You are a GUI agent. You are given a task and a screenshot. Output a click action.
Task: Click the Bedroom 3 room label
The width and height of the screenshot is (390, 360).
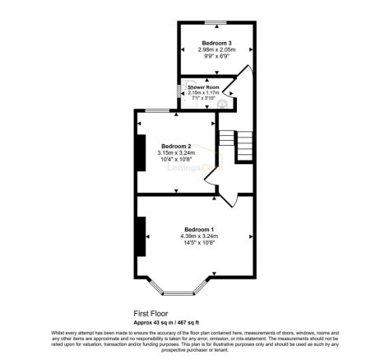pyautogui.click(x=217, y=42)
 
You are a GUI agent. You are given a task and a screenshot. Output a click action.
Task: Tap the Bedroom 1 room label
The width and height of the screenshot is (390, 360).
pyautogui.click(x=198, y=228)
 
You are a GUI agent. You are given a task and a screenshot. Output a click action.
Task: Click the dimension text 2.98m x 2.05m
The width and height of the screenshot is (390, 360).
pyautogui.click(x=217, y=50)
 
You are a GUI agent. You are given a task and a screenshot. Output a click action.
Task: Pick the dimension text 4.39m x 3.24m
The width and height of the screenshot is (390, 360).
pyautogui.click(x=198, y=236)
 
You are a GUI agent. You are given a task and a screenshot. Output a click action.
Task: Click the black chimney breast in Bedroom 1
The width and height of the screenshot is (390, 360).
pyautogui.click(x=142, y=236)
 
